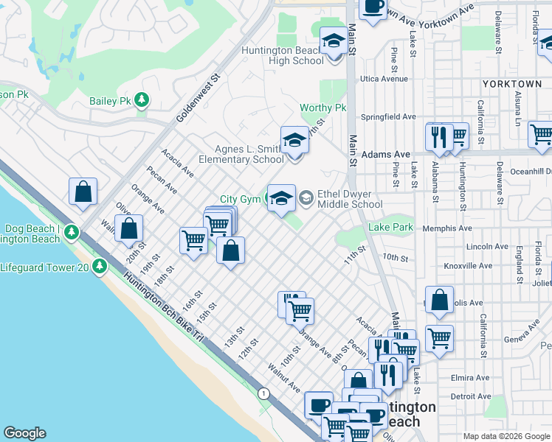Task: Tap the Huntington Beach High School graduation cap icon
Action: tap(334, 41)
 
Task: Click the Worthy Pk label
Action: tap(322, 108)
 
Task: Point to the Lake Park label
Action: tap(391, 228)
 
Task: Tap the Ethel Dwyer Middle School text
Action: tap(359, 200)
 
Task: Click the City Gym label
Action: tap(240, 200)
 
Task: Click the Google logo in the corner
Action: tap(24, 433)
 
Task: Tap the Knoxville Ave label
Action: tap(468, 265)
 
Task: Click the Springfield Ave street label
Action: tap(388, 116)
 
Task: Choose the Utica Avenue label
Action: tap(384, 79)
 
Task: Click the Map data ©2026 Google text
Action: tap(506, 436)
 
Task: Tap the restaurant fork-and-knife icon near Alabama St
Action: tap(439, 136)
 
